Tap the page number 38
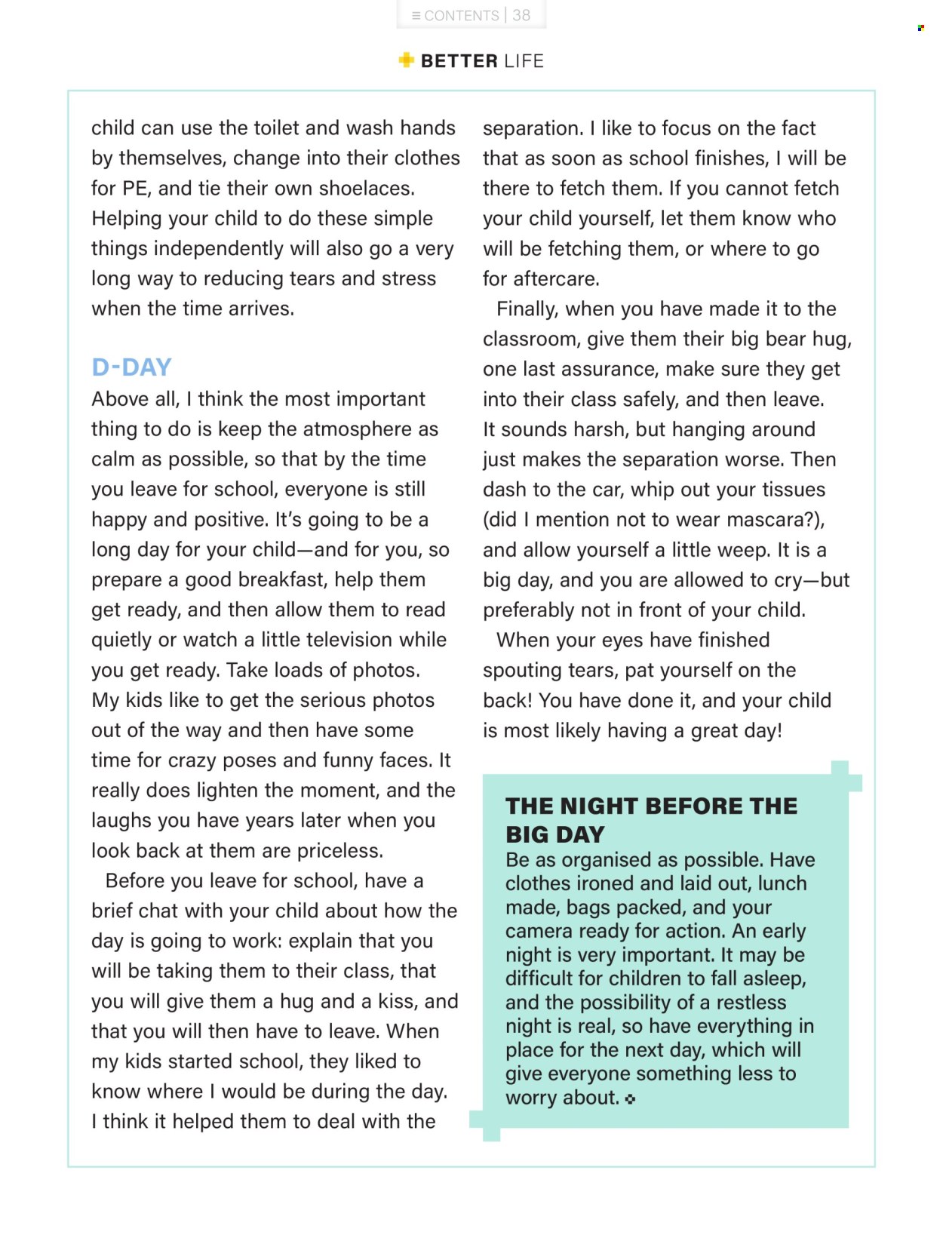tap(521, 15)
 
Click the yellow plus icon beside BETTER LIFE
tap(407, 60)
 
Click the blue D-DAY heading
tap(131, 367)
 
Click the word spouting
tap(525, 670)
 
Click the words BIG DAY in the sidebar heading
tap(555, 834)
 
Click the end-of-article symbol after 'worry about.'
tap(630, 1099)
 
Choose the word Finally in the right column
tap(527, 309)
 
